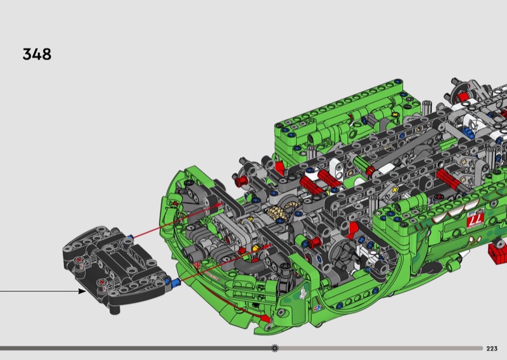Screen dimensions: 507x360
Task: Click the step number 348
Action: (x=37, y=54)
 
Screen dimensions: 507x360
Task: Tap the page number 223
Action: (x=492, y=349)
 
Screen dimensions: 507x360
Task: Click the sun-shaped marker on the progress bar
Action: (x=275, y=348)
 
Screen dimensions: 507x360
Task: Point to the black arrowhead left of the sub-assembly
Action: (x=82, y=291)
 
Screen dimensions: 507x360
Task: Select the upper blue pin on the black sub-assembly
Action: (x=130, y=238)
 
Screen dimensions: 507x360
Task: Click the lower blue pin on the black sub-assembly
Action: (x=175, y=283)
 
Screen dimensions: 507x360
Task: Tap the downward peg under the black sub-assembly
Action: (x=114, y=309)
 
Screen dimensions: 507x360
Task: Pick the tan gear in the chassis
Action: (x=277, y=212)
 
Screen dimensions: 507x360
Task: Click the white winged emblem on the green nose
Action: (x=303, y=292)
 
